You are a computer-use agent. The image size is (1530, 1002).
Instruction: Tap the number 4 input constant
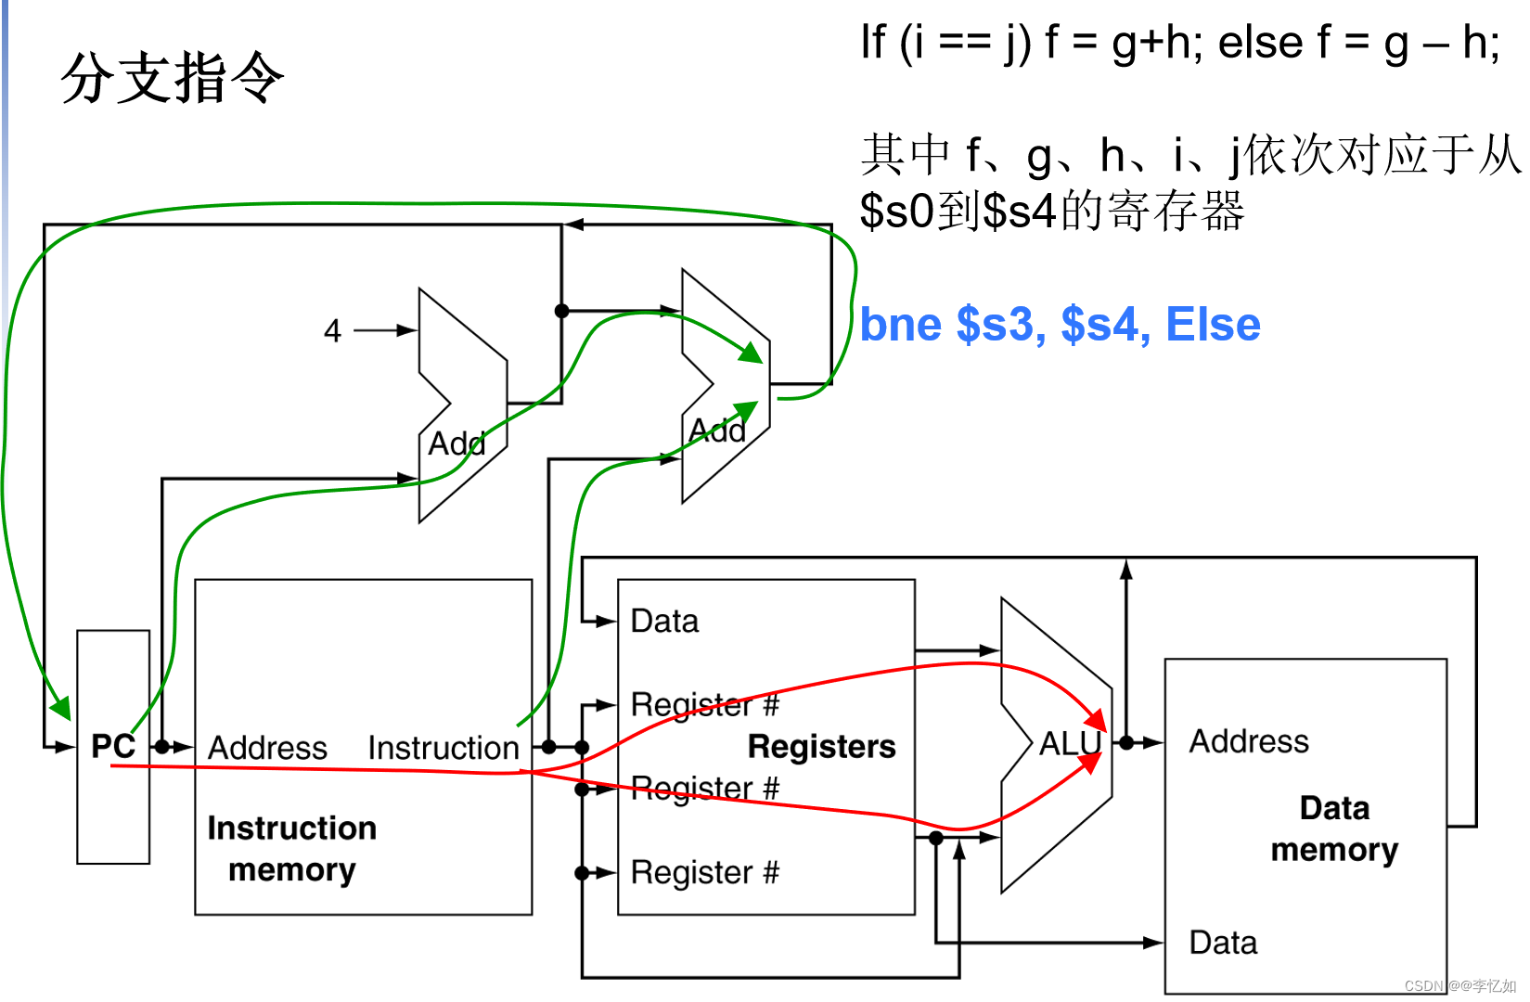click(332, 331)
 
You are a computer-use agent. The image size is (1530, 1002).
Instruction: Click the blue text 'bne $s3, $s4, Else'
click(1060, 325)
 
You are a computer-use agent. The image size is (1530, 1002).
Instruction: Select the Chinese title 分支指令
click(173, 78)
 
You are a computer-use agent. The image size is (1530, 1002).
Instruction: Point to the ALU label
click(1069, 743)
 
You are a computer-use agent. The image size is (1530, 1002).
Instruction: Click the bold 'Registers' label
click(821, 747)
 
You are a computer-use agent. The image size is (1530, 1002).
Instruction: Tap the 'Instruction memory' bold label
click(291, 848)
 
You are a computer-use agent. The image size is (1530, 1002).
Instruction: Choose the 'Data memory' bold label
click(1334, 829)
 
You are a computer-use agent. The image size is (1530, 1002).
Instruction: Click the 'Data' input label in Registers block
click(664, 621)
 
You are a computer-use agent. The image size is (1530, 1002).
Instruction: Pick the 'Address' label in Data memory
click(1249, 741)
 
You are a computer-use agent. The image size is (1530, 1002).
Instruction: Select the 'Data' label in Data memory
click(1223, 943)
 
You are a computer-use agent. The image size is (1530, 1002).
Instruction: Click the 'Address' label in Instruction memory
click(267, 748)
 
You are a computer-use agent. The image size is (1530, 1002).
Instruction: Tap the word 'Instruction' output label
click(444, 748)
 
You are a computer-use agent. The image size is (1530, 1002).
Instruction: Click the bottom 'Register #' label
click(704, 872)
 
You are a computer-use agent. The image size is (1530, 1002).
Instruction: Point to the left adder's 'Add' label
click(456, 443)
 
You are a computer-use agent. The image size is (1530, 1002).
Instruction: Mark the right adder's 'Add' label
click(717, 430)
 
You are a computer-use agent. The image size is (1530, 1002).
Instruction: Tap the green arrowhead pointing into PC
click(61, 709)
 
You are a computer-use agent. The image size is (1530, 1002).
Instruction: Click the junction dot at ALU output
click(1126, 742)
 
